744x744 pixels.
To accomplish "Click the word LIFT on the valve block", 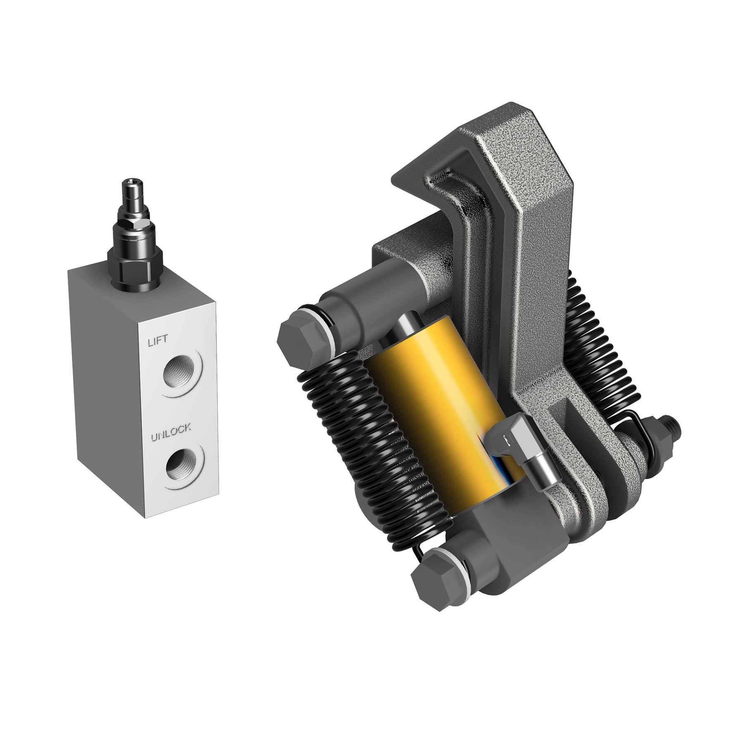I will [x=157, y=341].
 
